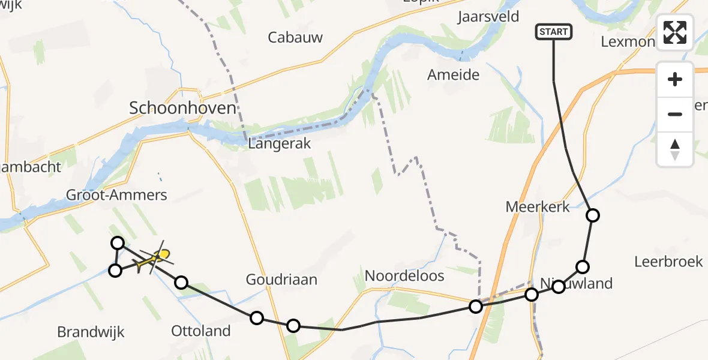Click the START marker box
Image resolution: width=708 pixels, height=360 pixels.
[x=553, y=32]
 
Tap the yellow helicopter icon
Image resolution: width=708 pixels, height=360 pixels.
[x=155, y=259]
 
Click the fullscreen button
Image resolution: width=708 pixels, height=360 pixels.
[x=675, y=32]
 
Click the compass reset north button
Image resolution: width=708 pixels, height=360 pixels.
[x=675, y=149]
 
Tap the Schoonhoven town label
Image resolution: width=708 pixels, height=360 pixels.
[x=182, y=108]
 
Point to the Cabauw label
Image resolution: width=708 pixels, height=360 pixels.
[x=295, y=37]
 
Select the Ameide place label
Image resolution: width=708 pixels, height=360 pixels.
[x=454, y=75]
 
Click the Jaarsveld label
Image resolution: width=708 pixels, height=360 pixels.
[x=488, y=16]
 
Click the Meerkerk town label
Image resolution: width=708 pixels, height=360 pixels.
[x=538, y=207]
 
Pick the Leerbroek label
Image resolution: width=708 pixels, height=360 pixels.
[x=668, y=262]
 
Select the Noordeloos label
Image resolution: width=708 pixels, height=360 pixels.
[x=405, y=276]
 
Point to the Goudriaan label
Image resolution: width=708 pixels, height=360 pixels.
[x=281, y=280]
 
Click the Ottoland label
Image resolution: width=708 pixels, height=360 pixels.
[x=201, y=331]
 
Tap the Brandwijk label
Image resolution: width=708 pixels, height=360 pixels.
[x=91, y=332]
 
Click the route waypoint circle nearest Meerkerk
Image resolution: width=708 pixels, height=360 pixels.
[x=593, y=215]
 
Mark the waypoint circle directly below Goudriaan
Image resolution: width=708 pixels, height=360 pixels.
[x=257, y=318]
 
